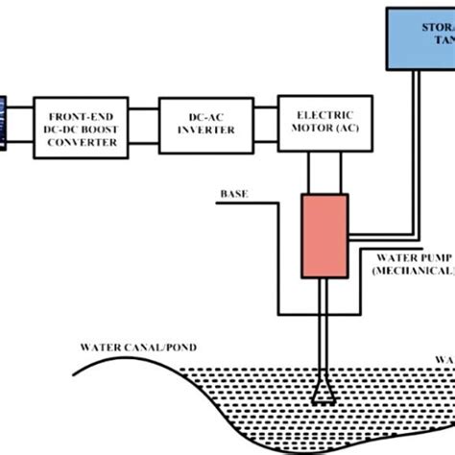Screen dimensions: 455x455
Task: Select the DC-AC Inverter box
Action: pos(200,124)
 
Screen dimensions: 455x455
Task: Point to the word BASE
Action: pos(233,193)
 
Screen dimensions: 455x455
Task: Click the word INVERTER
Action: pos(200,132)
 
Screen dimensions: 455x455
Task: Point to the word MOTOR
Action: pos(306,131)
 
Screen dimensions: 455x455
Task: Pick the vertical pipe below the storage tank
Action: pos(418,144)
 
